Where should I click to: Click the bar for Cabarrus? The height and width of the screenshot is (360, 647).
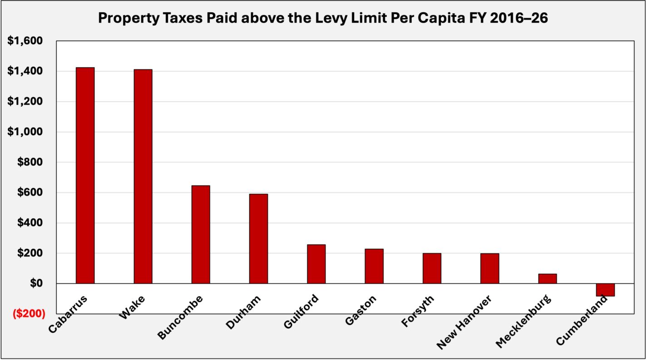click(85, 175)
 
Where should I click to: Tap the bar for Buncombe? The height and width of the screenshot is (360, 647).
click(201, 234)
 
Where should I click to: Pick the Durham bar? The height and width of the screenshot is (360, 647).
click(258, 238)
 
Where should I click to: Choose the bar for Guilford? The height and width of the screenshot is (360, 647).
click(316, 264)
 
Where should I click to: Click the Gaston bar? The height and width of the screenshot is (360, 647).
click(374, 266)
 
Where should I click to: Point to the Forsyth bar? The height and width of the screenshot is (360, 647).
click(432, 268)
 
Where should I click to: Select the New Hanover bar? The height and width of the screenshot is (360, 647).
click(489, 268)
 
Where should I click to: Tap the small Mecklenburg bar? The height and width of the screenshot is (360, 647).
click(547, 278)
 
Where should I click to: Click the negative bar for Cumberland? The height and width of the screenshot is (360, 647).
click(605, 290)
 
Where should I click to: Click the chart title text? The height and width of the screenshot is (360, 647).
click(323, 18)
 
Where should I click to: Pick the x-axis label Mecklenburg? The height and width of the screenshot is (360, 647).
click(524, 321)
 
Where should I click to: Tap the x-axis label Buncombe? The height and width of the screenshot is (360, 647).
click(180, 317)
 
